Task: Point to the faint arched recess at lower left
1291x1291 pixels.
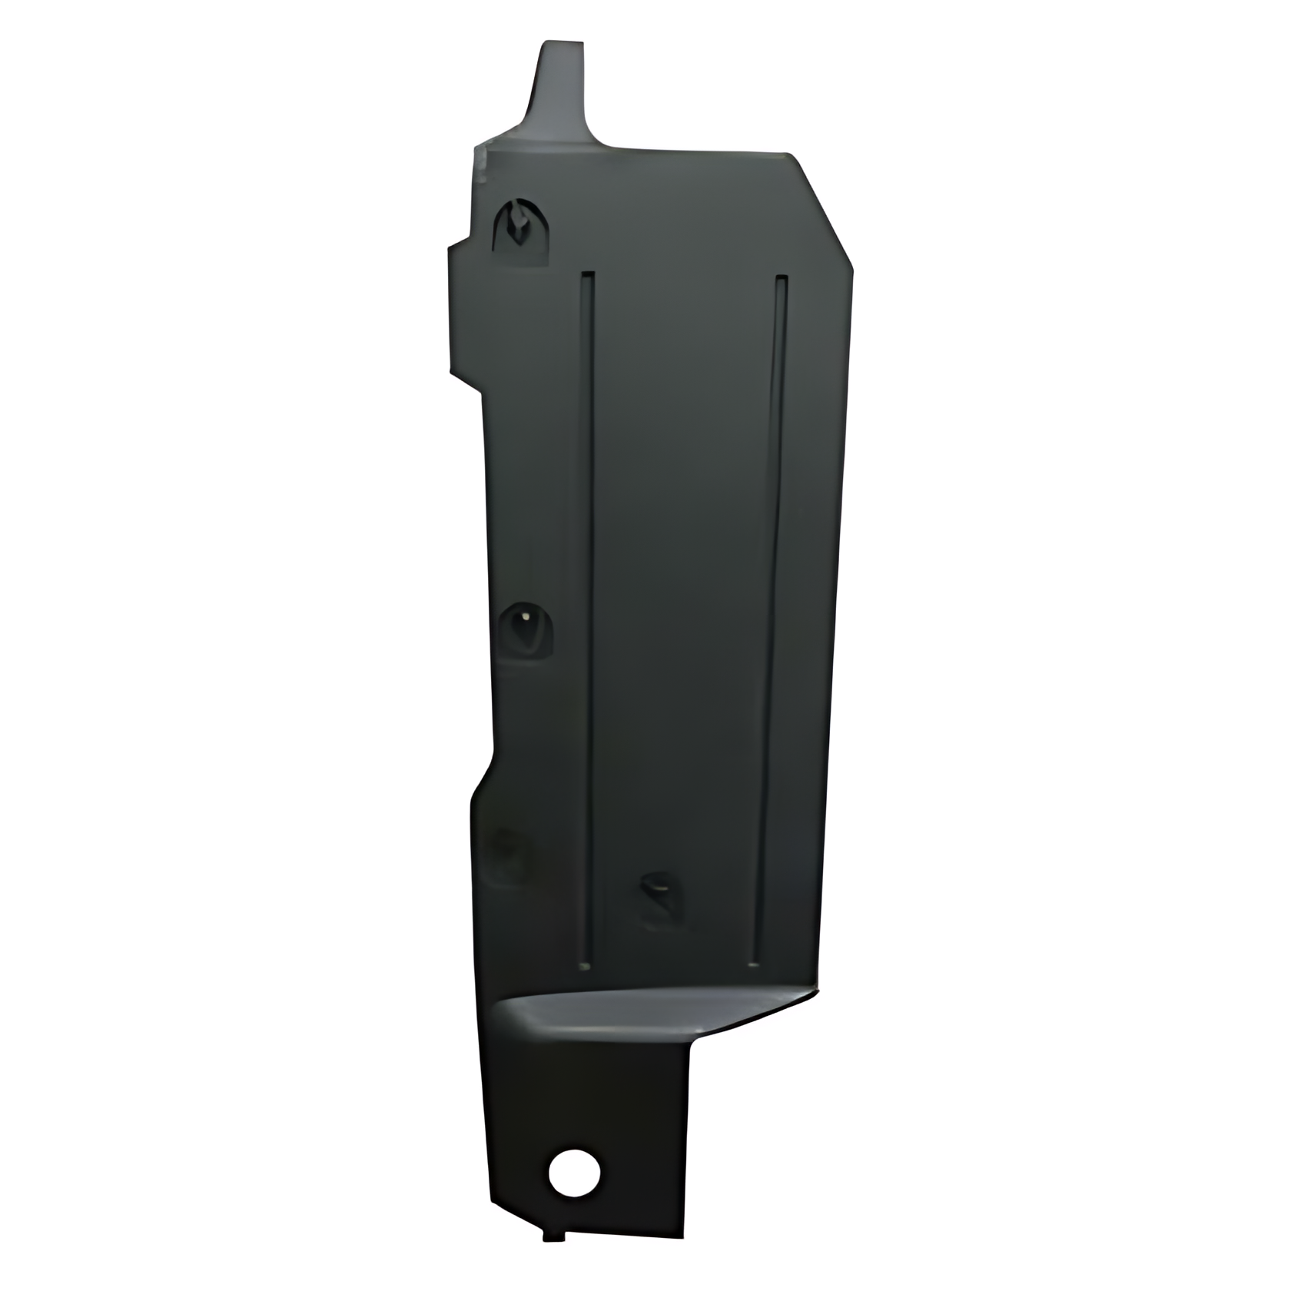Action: click(510, 855)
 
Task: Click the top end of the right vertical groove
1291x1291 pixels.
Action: click(782, 278)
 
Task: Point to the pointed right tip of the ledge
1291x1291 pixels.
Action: click(811, 993)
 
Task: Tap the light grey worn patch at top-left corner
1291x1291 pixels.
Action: click(483, 163)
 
